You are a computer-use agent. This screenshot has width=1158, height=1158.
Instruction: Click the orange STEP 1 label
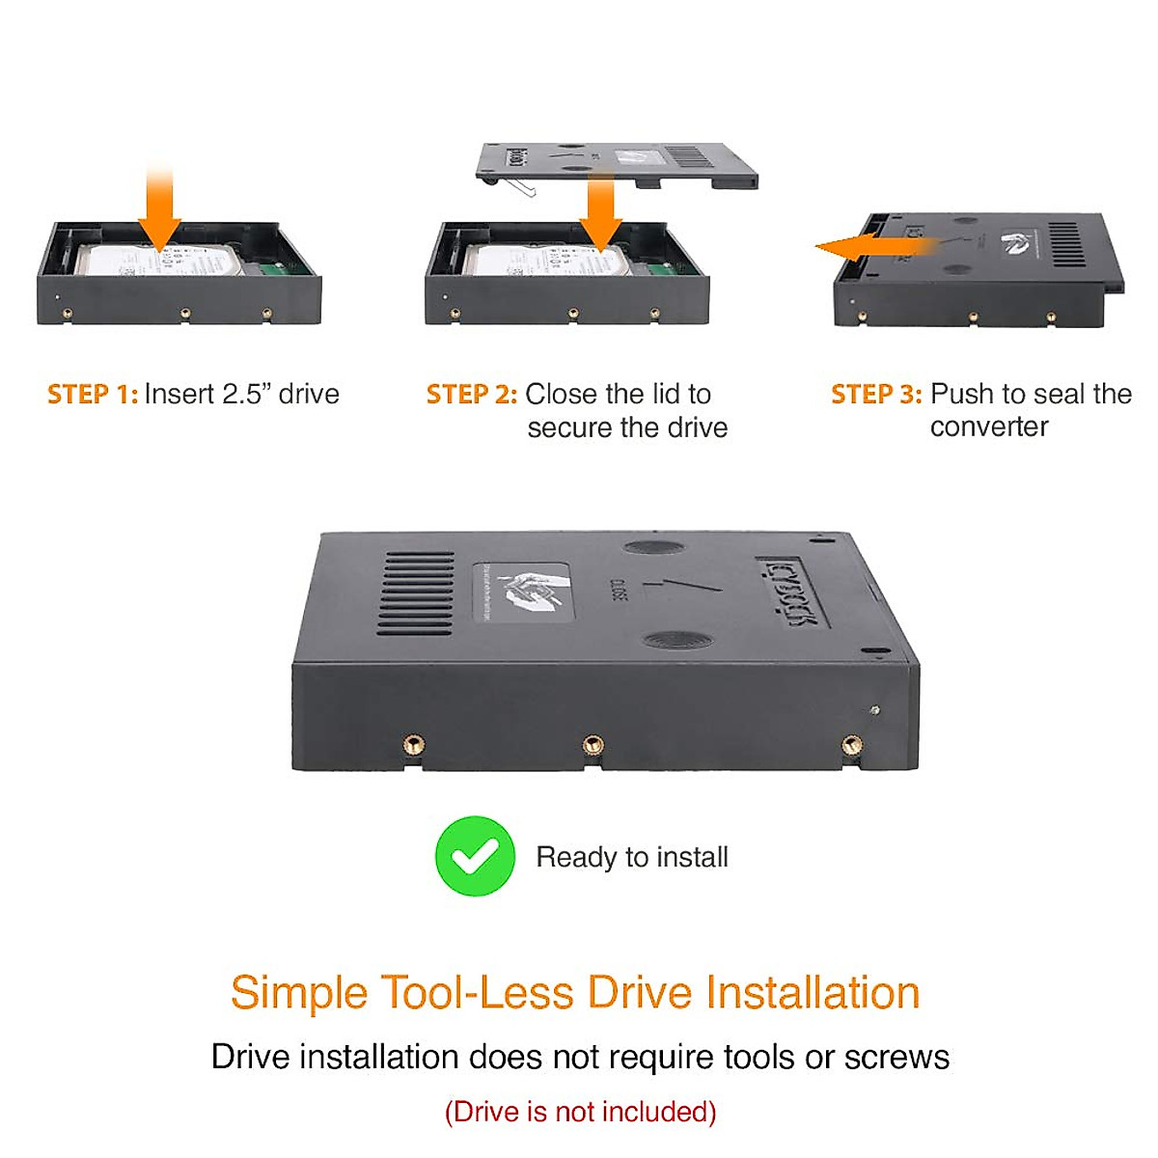pos(93,395)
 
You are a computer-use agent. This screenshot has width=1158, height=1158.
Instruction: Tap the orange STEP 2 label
pos(472,395)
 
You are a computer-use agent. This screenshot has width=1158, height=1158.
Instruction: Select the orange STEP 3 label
pos(876,395)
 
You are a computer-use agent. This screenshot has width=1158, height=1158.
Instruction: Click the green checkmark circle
pos(475,856)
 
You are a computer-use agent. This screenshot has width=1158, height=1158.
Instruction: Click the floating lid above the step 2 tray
pos(618,164)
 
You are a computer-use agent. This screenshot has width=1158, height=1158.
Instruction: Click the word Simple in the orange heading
pos(299,993)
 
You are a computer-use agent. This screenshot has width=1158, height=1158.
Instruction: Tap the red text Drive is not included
pos(580,1112)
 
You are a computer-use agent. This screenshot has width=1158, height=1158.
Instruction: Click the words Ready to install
pos(632,857)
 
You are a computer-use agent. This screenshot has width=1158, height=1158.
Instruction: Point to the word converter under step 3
pos(989,427)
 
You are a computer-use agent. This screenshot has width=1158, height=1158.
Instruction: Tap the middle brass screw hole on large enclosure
pos(593,744)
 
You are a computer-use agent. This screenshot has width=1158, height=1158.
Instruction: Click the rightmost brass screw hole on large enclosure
pos(851,744)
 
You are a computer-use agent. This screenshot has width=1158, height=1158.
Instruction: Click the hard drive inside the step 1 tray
pos(154,262)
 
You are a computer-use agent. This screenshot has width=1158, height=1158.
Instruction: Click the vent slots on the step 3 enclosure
pos(1067,244)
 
